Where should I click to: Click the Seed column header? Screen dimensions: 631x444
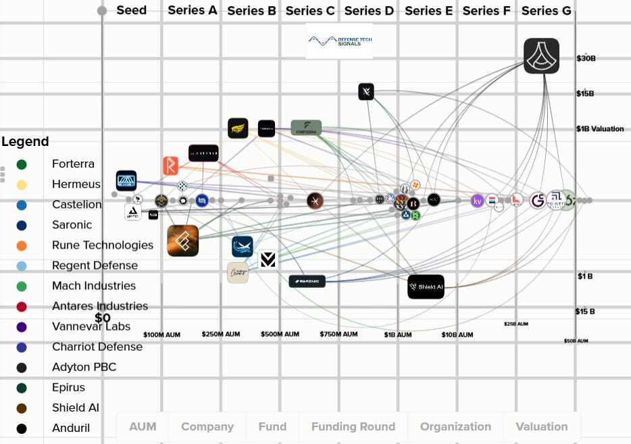[x=131, y=10]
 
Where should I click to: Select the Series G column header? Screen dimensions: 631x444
[x=546, y=10]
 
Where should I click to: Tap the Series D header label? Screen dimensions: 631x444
[x=369, y=10]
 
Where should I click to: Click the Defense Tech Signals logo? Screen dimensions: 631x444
[x=339, y=41]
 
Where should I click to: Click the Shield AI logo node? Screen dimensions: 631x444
[x=426, y=287]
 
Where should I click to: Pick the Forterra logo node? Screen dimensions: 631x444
[x=306, y=128]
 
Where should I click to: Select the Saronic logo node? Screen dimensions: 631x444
[x=307, y=281]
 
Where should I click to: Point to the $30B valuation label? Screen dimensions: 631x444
[x=586, y=58]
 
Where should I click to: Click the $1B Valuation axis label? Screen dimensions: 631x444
[x=599, y=128]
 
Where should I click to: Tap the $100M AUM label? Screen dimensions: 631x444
[x=162, y=335]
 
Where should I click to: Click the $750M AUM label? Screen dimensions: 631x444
[x=338, y=335]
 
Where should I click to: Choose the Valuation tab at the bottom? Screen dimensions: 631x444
[x=541, y=426]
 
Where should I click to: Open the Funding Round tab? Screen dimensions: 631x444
[x=353, y=426]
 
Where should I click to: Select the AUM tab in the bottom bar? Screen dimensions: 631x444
[x=143, y=426]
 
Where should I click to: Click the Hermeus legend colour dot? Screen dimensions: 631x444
[x=22, y=184]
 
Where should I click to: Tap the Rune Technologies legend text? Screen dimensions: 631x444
[x=102, y=245]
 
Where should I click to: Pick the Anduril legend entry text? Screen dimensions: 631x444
[x=71, y=428]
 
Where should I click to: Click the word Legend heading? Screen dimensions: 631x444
[x=25, y=142]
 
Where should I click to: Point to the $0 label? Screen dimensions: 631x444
[x=103, y=318]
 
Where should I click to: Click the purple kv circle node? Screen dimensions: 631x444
[x=478, y=201]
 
